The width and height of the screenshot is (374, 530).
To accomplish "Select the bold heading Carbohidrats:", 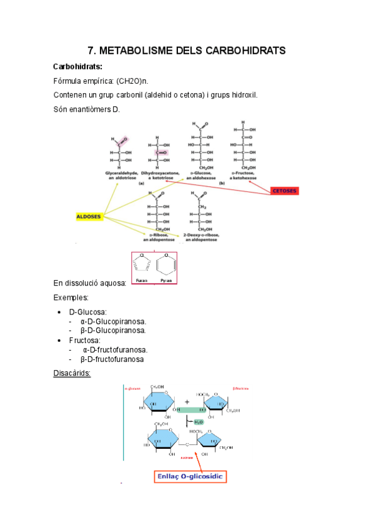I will click(x=78, y=66).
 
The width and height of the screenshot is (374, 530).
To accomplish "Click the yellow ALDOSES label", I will click(x=88, y=216).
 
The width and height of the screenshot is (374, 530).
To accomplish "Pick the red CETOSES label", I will click(x=285, y=190).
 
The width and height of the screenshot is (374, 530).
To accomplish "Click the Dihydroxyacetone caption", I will click(x=160, y=175).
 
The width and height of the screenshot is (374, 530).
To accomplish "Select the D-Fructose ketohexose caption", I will click(x=243, y=175).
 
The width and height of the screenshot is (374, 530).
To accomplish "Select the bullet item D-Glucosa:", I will click(x=88, y=311).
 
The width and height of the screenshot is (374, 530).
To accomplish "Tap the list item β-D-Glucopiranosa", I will click(x=113, y=330).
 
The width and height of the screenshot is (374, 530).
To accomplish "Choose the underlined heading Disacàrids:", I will click(x=72, y=373).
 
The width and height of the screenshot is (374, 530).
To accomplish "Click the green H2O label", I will click(x=199, y=422).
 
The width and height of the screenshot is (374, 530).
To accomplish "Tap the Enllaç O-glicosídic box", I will click(x=190, y=477).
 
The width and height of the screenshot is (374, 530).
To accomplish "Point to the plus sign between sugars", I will click(x=187, y=402).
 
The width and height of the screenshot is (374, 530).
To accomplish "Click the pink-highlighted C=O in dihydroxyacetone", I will click(x=161, y=152).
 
